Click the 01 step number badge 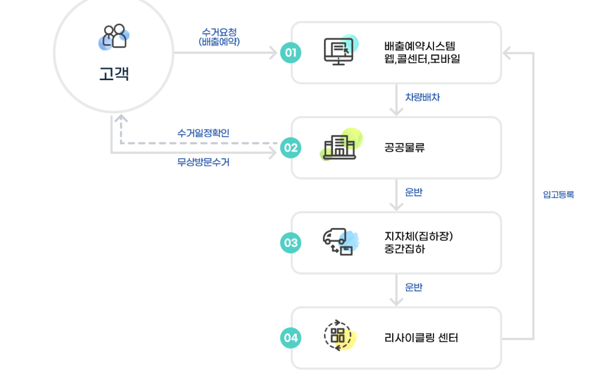[291, 53]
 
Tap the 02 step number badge [291, 148]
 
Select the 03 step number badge [291, 243]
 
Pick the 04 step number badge [291, 338]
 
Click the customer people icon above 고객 [114, 36]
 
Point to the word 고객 [114, 74]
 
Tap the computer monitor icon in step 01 [339, 51]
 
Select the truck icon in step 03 [339, 242]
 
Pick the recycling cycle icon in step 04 [338, 335]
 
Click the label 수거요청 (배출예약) [219, 37]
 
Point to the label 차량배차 [422, 97]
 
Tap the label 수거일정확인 [203, 133]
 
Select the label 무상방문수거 [203, 162]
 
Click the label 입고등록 [558, 195]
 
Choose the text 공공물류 [404, 148]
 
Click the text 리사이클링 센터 [421, 338]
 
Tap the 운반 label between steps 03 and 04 [413, 287]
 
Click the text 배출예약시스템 [419, 46]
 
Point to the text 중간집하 [405, 249]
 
